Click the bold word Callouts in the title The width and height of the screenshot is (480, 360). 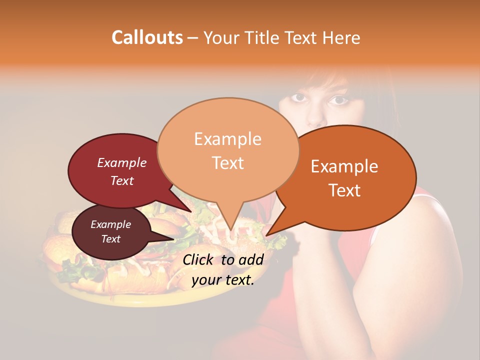tap(147, 37)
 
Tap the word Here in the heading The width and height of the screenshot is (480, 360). tap(342, 37)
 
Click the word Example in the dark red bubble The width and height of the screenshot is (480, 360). tap(122, 163)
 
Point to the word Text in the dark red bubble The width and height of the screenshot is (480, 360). tap(122, 180)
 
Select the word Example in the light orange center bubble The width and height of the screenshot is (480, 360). tap(227, 139)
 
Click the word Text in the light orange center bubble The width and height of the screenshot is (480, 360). tap(228, 163)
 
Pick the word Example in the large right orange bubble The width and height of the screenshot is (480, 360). tap(344, 166)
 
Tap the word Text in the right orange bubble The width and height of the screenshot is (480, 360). tap(344, 190)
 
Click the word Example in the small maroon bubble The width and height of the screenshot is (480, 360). tap(111, 224)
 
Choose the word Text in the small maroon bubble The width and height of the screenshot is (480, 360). tap(111, 239)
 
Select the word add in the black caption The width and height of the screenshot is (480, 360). tap(252, 259)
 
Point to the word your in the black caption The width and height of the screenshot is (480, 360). tap(206, 280)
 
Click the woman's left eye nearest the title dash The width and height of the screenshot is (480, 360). tap(299, 98)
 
